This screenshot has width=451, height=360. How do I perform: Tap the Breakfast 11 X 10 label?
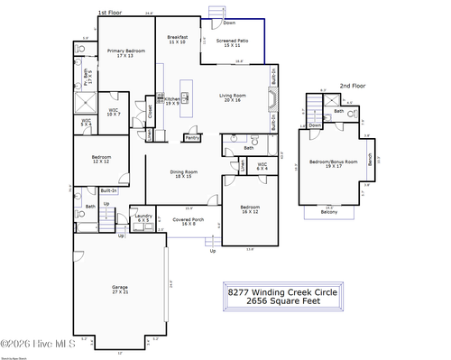click(x=177, y=40)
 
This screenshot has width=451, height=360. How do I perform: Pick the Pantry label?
click(x=192, y=138)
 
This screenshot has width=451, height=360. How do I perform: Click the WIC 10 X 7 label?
click(x=114, y=112)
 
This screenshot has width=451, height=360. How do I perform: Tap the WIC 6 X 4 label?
click(x=237, y=165)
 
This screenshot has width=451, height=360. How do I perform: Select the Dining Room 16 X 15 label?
click(x=184, y=173)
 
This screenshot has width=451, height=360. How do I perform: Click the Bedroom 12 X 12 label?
click(x=101, y=159)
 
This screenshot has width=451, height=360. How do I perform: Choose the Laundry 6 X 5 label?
click(x=143, y=217)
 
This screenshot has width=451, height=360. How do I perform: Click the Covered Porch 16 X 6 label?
click(x=189, y=221)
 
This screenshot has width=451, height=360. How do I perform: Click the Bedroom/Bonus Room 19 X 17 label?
click(x=334, y=163)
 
